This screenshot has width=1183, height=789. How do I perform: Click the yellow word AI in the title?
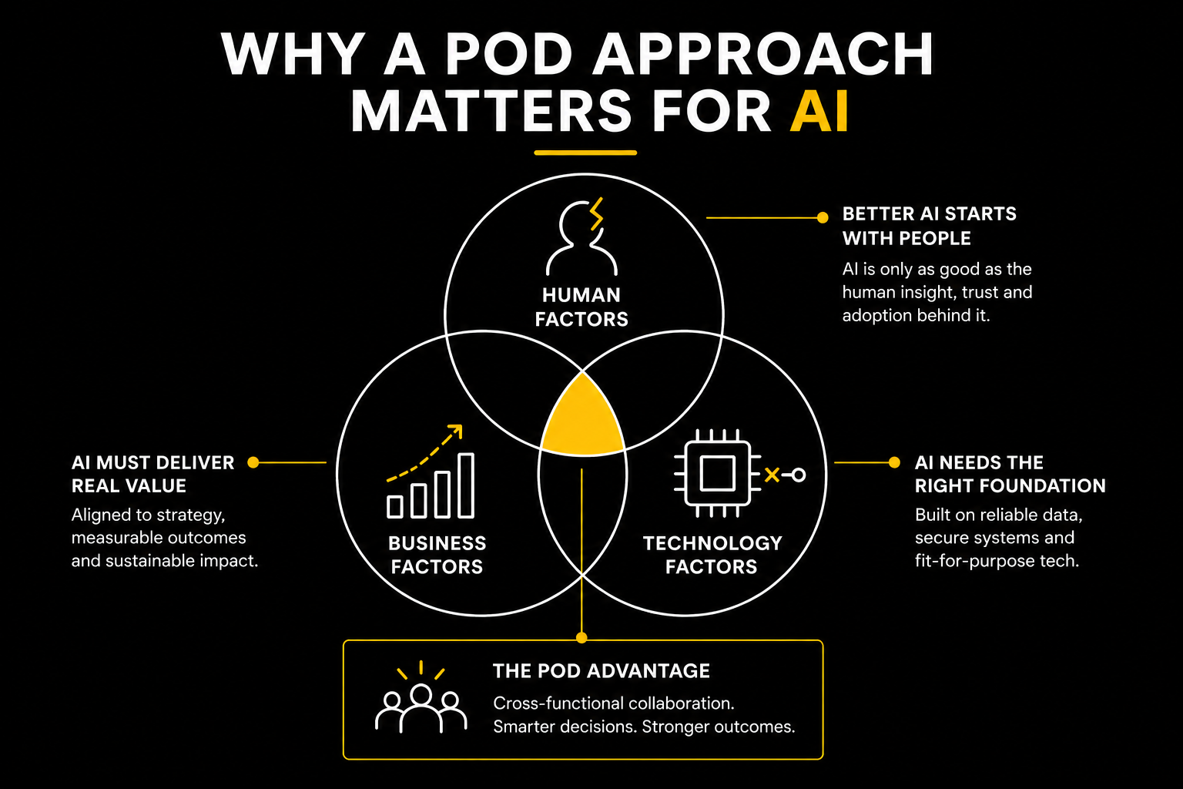(x=819, y=112)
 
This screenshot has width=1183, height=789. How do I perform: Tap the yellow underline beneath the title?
(x=585, y=153)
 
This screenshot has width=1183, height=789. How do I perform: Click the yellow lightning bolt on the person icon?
(x=595, y=214)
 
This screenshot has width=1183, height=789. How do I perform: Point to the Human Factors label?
(x=581, y=307)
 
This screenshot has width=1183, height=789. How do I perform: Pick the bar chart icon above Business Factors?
(x=431, y=487)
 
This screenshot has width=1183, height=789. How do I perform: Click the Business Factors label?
(x=437, y=555)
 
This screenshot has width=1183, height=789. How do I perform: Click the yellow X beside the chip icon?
(x=771, y=475)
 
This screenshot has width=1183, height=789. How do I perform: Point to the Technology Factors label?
(x=712, y=555)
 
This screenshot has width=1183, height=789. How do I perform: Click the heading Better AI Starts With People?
(x=929, y=226)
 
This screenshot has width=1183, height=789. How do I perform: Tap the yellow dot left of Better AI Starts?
(x=823, y=218)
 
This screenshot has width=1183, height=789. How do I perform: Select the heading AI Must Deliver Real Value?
(x=152, y=474)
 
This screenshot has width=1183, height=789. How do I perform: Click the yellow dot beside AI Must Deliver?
(x=253, y=462)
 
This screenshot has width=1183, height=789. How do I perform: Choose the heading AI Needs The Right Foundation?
(x=1010, y=474)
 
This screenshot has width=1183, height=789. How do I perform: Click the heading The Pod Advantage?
(x=601, y=671)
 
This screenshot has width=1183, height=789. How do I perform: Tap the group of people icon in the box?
(x=421, y=700)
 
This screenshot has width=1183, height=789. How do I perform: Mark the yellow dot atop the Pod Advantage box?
(x=581, y=638)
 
